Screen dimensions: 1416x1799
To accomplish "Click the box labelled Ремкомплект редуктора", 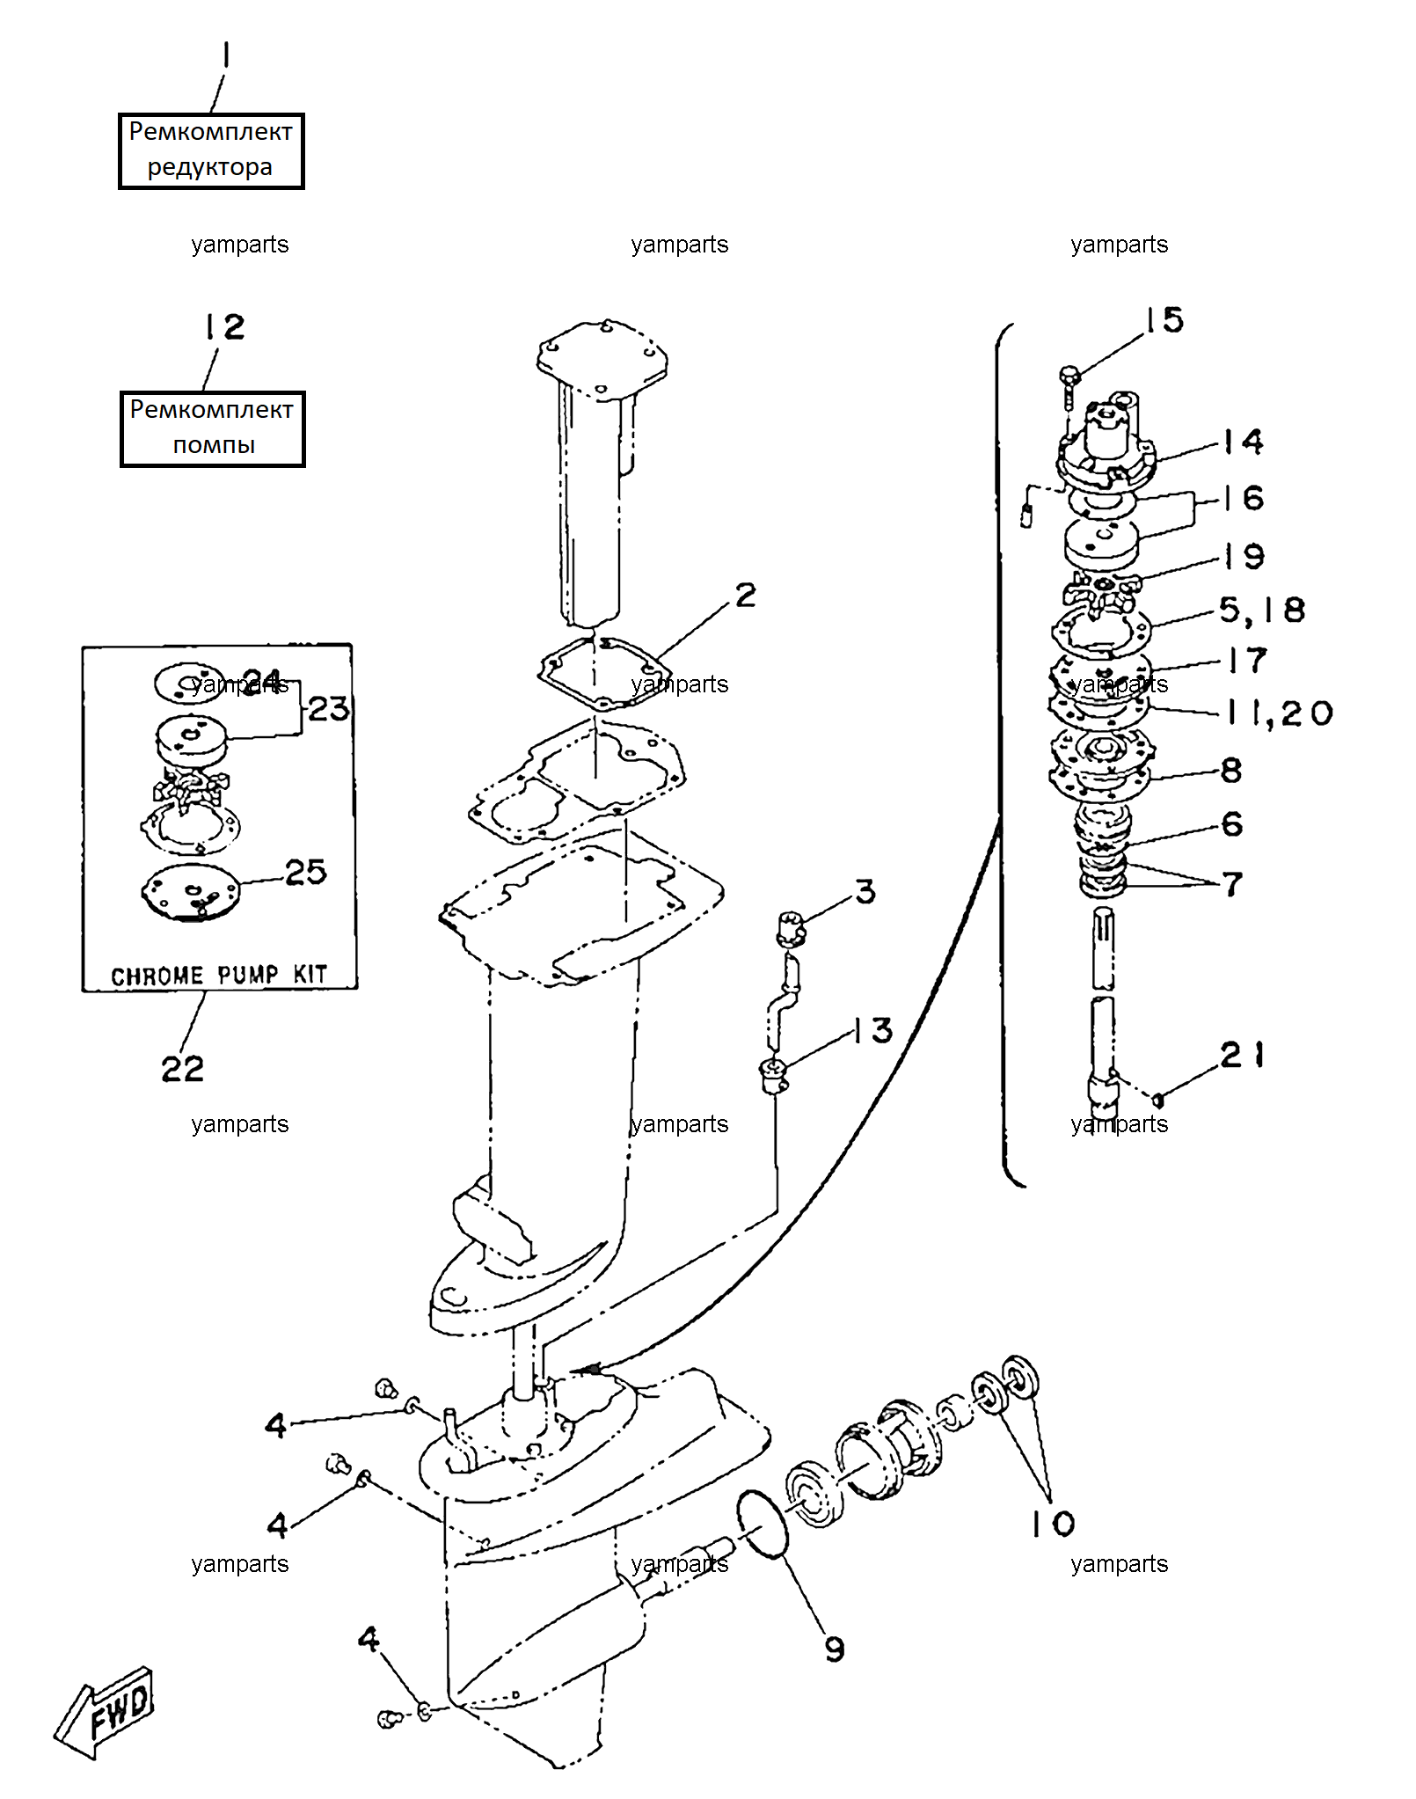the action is pyautogui.click(x=211, y=150).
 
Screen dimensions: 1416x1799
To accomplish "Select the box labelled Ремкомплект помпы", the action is pyautogui.click(x=212, y=428).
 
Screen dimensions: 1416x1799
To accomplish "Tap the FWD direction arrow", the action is pyautogui.click(x=104, y=1712).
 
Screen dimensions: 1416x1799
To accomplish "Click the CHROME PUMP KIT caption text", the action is pyautogui.click(x=219, y=975).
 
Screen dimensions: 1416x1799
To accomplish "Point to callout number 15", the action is pyautogui.click(x=1164, y=320).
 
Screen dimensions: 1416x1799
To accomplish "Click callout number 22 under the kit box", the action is pyautogui.click(x=182, y=1069).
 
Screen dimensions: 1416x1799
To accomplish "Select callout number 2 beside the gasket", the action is pyautogui.click(x=746, y=595).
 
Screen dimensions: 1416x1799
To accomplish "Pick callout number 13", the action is pyautogui.click(x=872, y=1030).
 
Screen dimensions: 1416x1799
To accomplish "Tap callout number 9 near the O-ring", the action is pyautogui.click(x=835, y=1649).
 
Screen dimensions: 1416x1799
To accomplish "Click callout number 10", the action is pyautogui.click(x=1053, y=1524).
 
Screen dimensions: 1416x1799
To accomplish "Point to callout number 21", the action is pyautogui.click(x=1243, y=1054).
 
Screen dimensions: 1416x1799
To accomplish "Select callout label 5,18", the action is pyautogui.click(x=1262, y=611).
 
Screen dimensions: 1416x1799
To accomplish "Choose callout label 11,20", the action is pyautogui.click(x=1281, y=713).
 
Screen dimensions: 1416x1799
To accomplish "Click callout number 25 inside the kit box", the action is pyautogui.click(x=306, y=872).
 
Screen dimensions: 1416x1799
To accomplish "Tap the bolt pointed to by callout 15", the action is pyautogui.click(x=1069, y=385).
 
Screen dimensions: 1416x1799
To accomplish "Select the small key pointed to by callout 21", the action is pyautogui.click(x=1158, y=1100).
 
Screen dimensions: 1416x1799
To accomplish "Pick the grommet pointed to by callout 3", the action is pyautogui.click(x=791, y=929).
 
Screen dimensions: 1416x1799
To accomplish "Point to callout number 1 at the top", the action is pyautogui.click(x=226, y=55).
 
